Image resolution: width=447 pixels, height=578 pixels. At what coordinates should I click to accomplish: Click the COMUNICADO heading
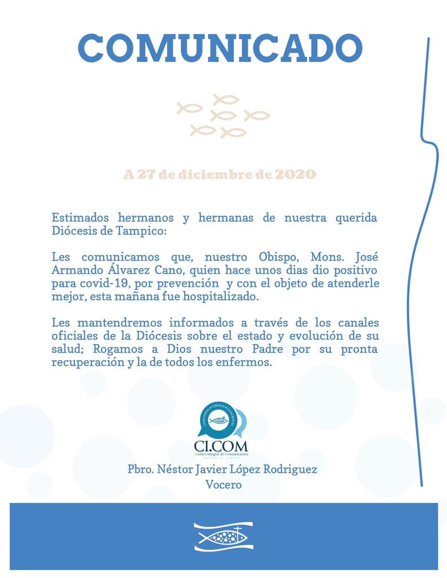point(220,49)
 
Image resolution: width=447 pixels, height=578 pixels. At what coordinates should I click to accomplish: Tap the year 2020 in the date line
point(295,174)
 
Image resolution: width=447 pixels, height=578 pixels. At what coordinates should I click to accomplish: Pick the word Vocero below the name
point(224,484)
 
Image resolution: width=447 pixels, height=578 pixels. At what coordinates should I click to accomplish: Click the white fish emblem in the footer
point(224,536)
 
